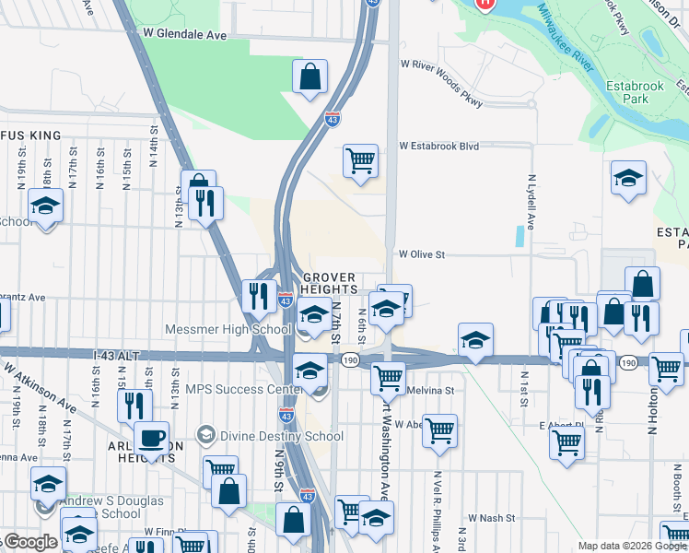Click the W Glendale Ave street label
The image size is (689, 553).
pos(184,34)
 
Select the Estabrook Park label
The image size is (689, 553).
pos(630,92)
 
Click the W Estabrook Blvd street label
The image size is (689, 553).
pos(439,146)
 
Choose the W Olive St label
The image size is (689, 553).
pos(421,254)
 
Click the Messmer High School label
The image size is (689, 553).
pos(228,329)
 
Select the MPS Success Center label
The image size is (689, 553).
pos(245,389)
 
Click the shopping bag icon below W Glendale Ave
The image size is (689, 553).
pos(310,76)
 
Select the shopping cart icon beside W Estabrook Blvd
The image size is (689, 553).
pos(360,160)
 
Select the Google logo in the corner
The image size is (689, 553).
pos(29,542)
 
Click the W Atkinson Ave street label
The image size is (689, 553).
pos(41,386)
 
